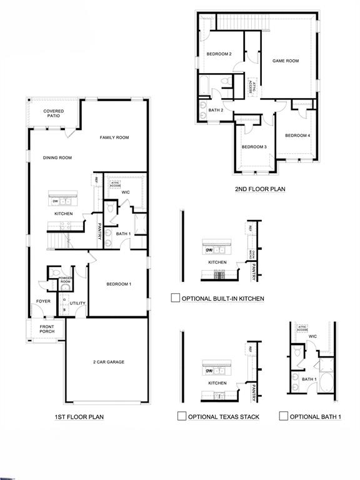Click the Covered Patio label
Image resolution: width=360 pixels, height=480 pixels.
click(54, 114)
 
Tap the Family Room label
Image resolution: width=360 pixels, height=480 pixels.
click(114, 137)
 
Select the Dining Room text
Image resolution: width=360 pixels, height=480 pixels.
click(57, 158)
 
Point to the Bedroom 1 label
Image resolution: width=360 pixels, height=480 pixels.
click(119, 284)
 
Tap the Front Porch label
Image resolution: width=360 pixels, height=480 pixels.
click(47, 329)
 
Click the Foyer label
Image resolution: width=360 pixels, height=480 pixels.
click(43, 301)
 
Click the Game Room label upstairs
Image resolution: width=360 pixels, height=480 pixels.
click(286, 61)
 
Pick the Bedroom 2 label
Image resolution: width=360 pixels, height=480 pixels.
click(219, 54)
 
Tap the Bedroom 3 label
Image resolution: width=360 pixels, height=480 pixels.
click(254, 147)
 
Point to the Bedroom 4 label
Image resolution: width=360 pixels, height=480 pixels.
click(297, 136)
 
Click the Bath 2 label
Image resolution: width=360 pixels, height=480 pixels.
click(216, 110)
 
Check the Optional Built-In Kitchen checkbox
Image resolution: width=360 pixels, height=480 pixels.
click(176, 298)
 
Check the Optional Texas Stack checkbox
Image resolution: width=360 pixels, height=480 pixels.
click(182, 416)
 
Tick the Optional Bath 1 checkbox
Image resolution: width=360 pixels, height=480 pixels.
click(284, 416)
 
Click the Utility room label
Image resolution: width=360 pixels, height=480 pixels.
click(77, 304)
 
